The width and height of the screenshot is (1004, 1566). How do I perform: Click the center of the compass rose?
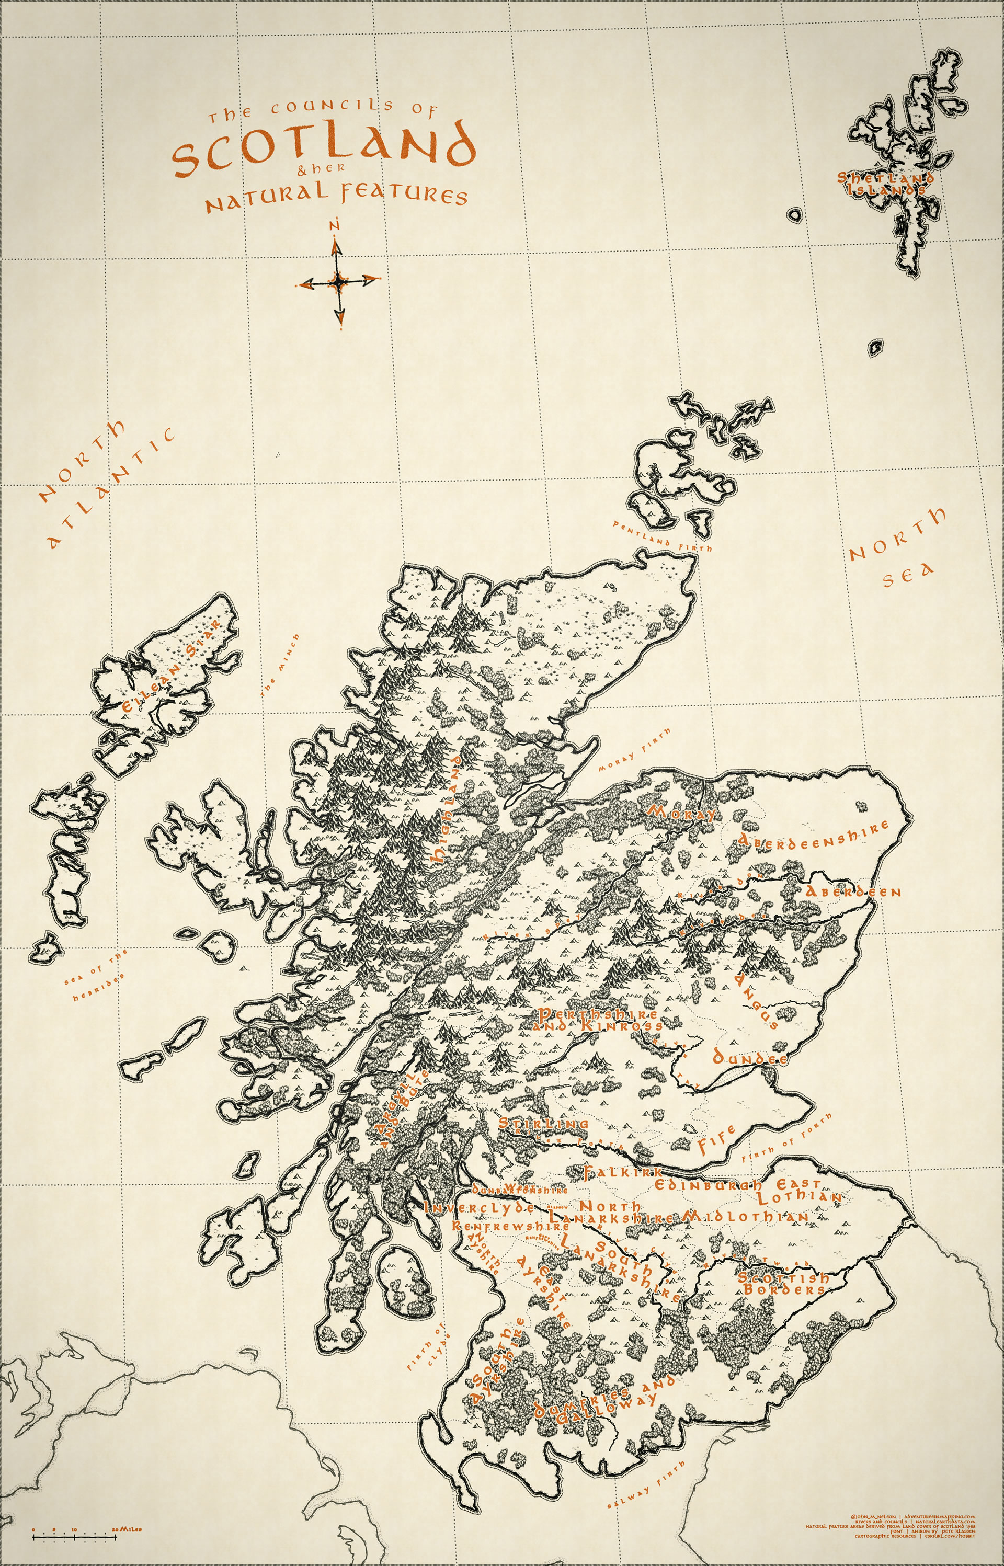(338, 281)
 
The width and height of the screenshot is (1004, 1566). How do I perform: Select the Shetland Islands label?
(885, 183)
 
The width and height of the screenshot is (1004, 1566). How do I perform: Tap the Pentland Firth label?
(661, 536)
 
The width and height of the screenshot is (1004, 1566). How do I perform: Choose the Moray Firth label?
(634, 751)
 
